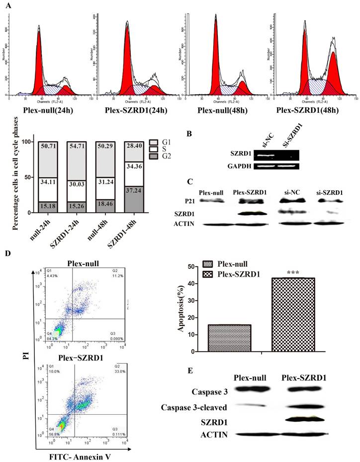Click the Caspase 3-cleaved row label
(194, 407)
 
